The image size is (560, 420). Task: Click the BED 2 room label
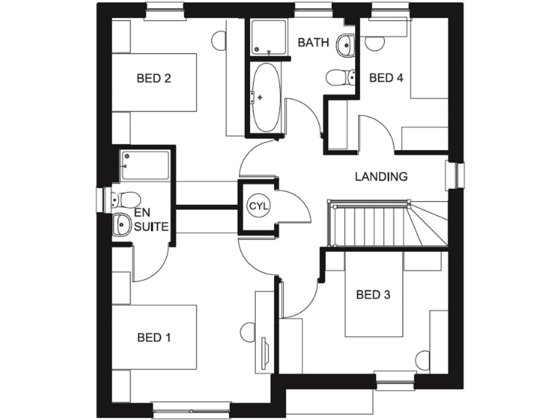point(154,79)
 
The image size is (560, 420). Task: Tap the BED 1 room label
point(154,338)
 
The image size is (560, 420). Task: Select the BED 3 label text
point(373,295)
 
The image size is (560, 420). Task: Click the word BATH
point(314,43)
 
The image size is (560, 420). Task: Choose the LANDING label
point(381,176)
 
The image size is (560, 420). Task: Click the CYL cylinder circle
point(259,206)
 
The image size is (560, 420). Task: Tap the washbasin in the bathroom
point(346,45)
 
